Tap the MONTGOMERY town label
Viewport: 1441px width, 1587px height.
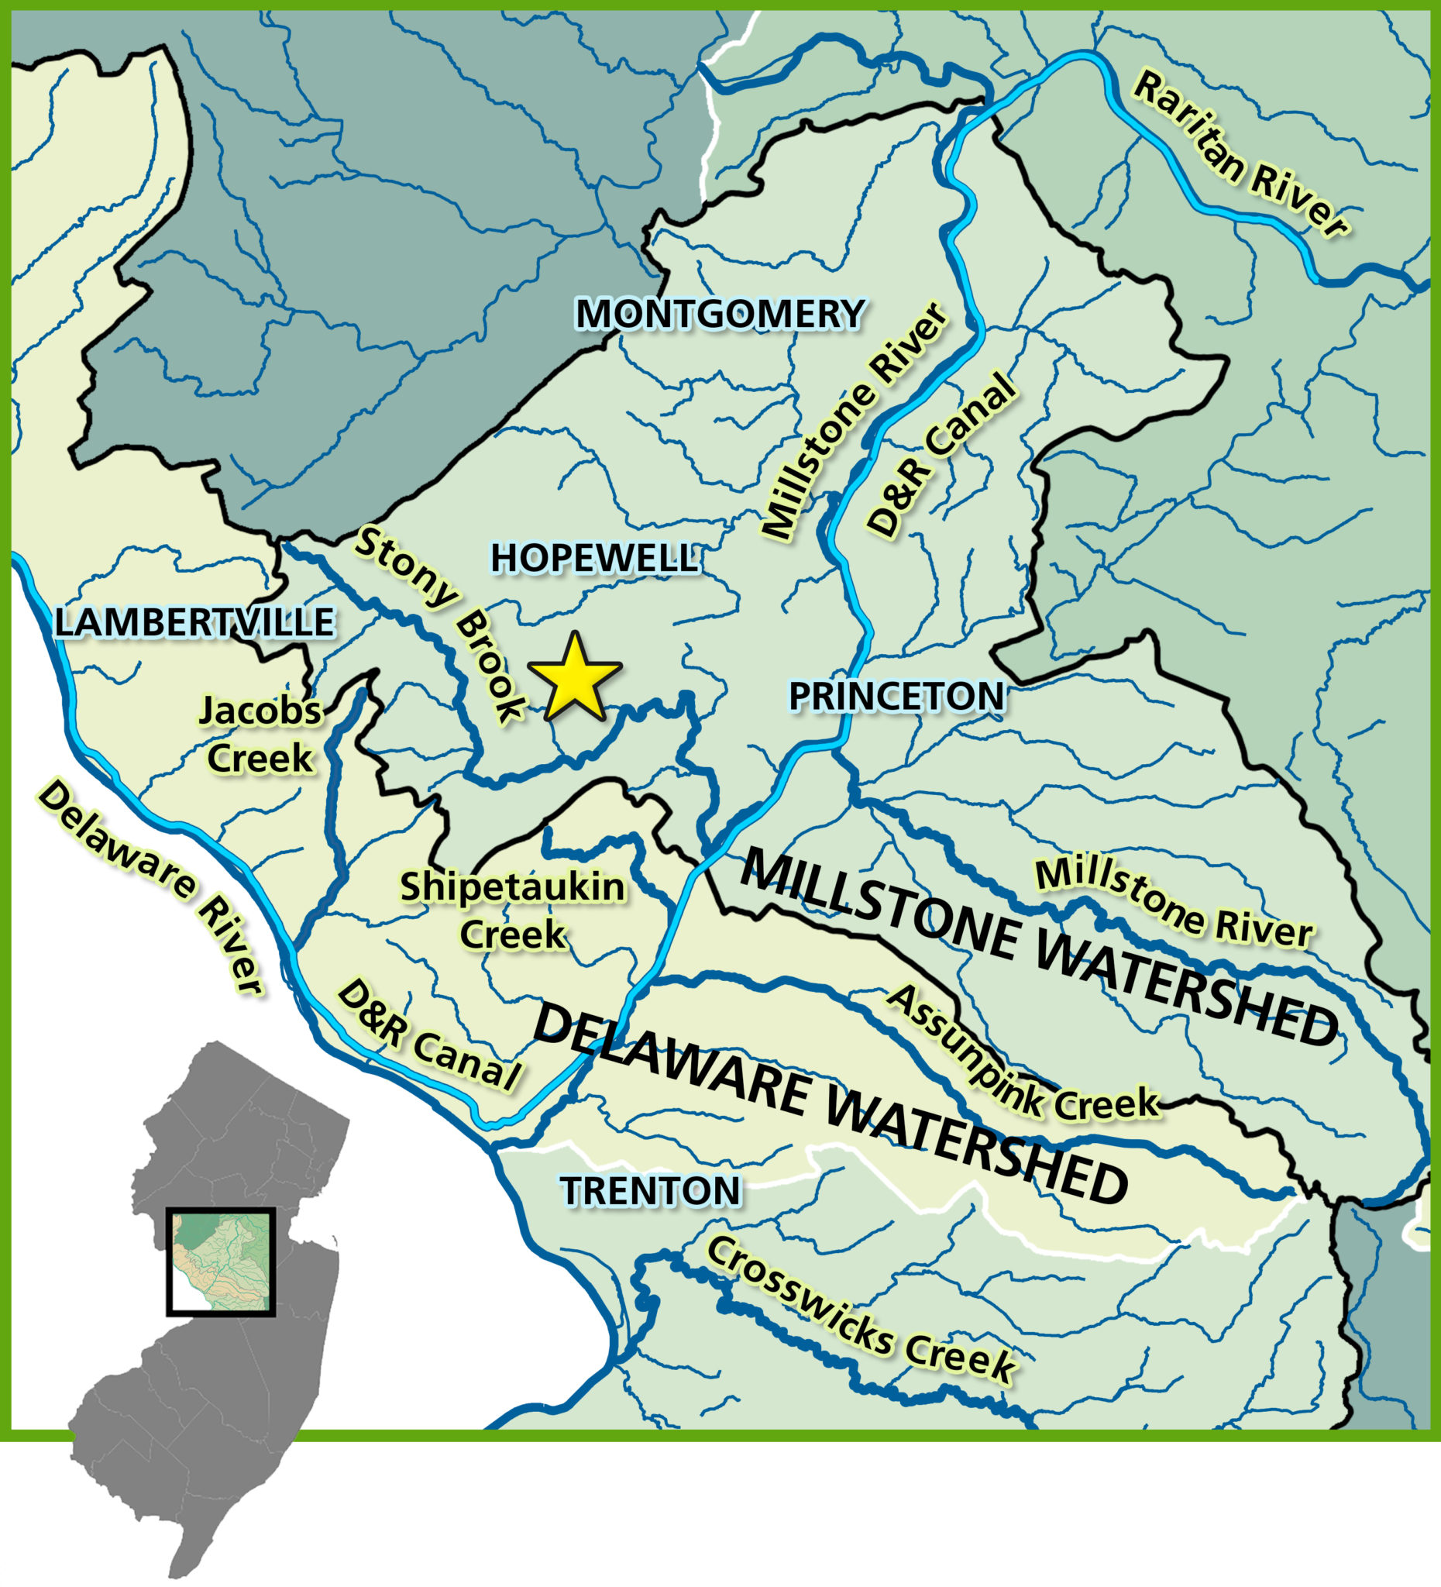[720, 314]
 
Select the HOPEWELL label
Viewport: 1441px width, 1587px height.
[594, 558]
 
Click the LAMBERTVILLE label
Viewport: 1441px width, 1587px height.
[194, 622]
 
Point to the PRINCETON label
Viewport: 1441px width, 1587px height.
[896, 696]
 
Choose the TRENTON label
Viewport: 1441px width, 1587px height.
[651, 1191]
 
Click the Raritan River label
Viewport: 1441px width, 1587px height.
[1240, 155]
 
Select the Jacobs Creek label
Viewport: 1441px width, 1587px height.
[260, 735]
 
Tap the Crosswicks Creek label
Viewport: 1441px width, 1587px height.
[859, 1310]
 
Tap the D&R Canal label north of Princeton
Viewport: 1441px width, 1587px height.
[938, 455]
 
